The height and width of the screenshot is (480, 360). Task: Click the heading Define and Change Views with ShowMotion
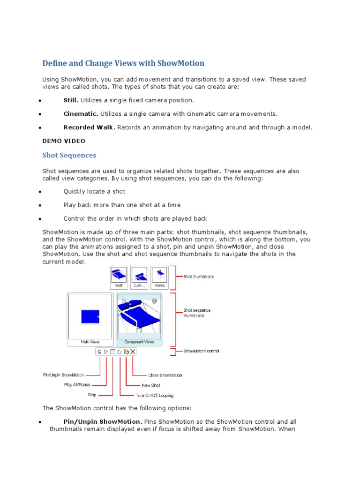123,63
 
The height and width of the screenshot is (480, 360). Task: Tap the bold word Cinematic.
81,114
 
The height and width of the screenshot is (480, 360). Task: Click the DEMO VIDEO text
64,141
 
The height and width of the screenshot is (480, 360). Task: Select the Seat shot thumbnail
119,277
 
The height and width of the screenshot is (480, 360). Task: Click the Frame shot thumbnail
160,277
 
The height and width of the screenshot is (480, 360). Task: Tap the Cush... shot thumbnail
139,277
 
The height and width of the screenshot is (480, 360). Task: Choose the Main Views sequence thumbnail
90,319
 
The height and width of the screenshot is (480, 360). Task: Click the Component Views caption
139,342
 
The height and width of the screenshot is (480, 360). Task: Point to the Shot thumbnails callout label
198,277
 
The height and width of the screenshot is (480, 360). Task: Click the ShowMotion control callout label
201,351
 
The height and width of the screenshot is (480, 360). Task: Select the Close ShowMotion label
165,375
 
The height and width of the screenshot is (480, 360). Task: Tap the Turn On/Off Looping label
154,396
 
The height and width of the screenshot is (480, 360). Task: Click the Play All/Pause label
77,385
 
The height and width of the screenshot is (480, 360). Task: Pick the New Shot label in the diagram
151,385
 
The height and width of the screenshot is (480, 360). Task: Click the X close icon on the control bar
133,352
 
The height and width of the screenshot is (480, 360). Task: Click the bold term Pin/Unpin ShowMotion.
103,421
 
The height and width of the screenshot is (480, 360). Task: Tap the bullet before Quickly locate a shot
41,192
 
